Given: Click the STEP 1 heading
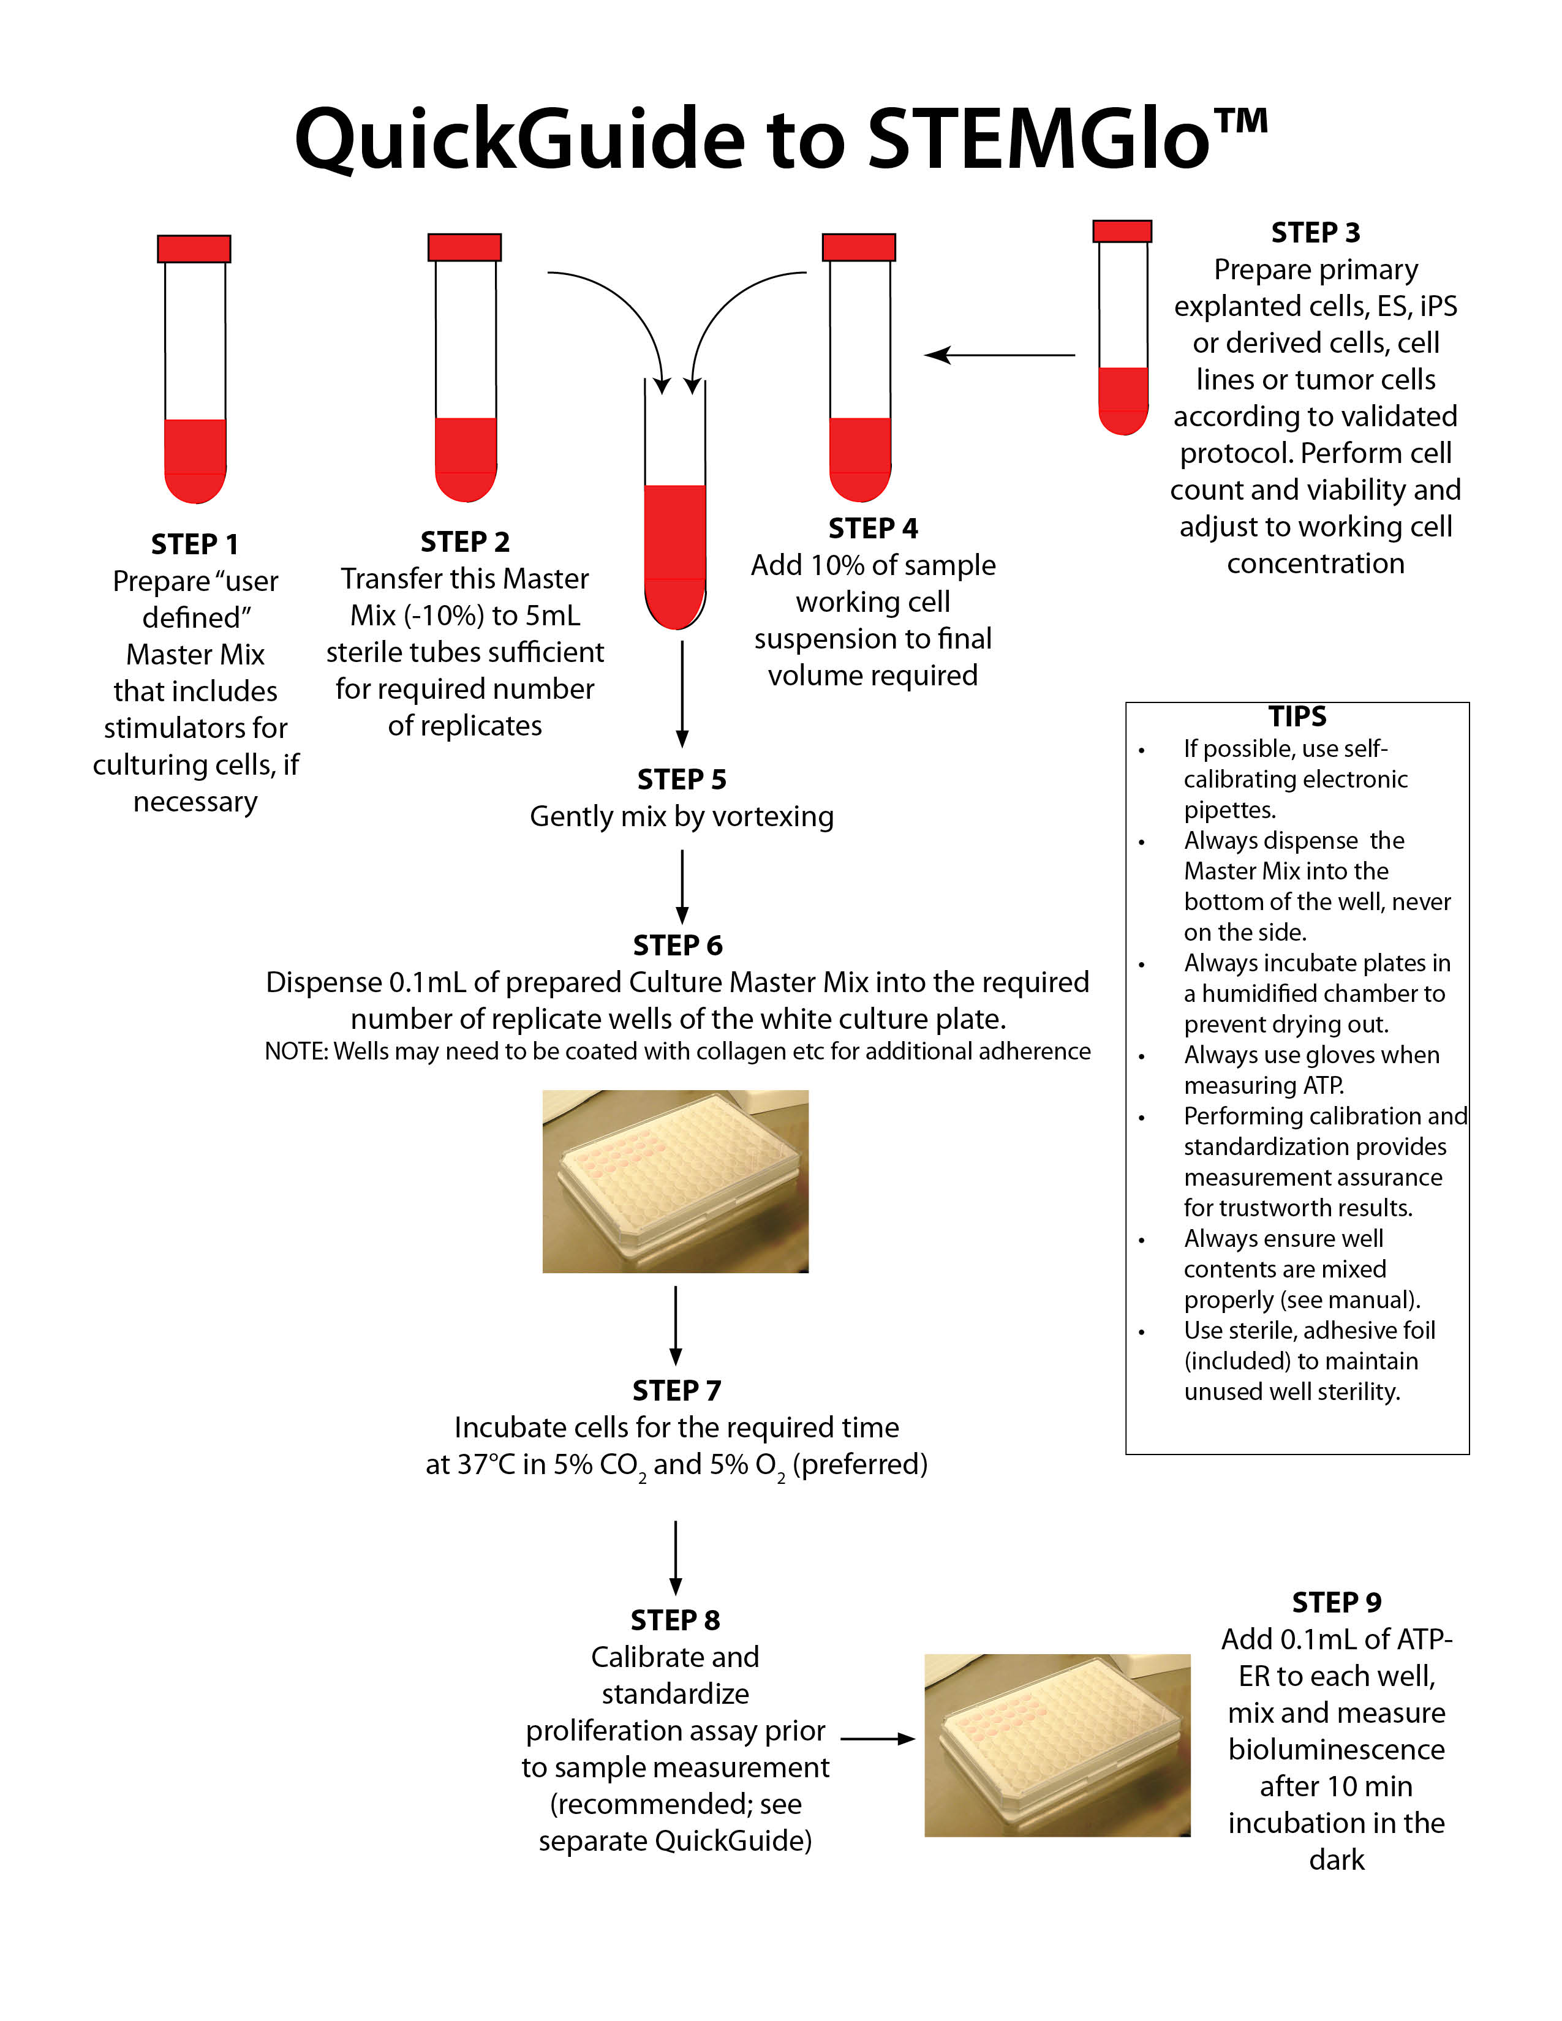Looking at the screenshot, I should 194,544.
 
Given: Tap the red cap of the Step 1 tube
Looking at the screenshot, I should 194,249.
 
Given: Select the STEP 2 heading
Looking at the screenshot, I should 464,541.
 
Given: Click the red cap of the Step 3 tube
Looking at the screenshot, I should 1122,231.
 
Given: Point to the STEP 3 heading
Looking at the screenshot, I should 1315,232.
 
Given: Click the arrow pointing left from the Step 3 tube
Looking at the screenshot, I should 1000,355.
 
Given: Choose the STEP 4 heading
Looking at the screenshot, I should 873,529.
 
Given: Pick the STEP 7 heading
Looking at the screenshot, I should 676,1391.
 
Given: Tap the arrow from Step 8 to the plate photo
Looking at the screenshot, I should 877,1739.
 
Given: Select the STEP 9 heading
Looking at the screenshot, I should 1336,1603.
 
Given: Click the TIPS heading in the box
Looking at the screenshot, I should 1296,717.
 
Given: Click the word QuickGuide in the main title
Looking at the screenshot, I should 519,139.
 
